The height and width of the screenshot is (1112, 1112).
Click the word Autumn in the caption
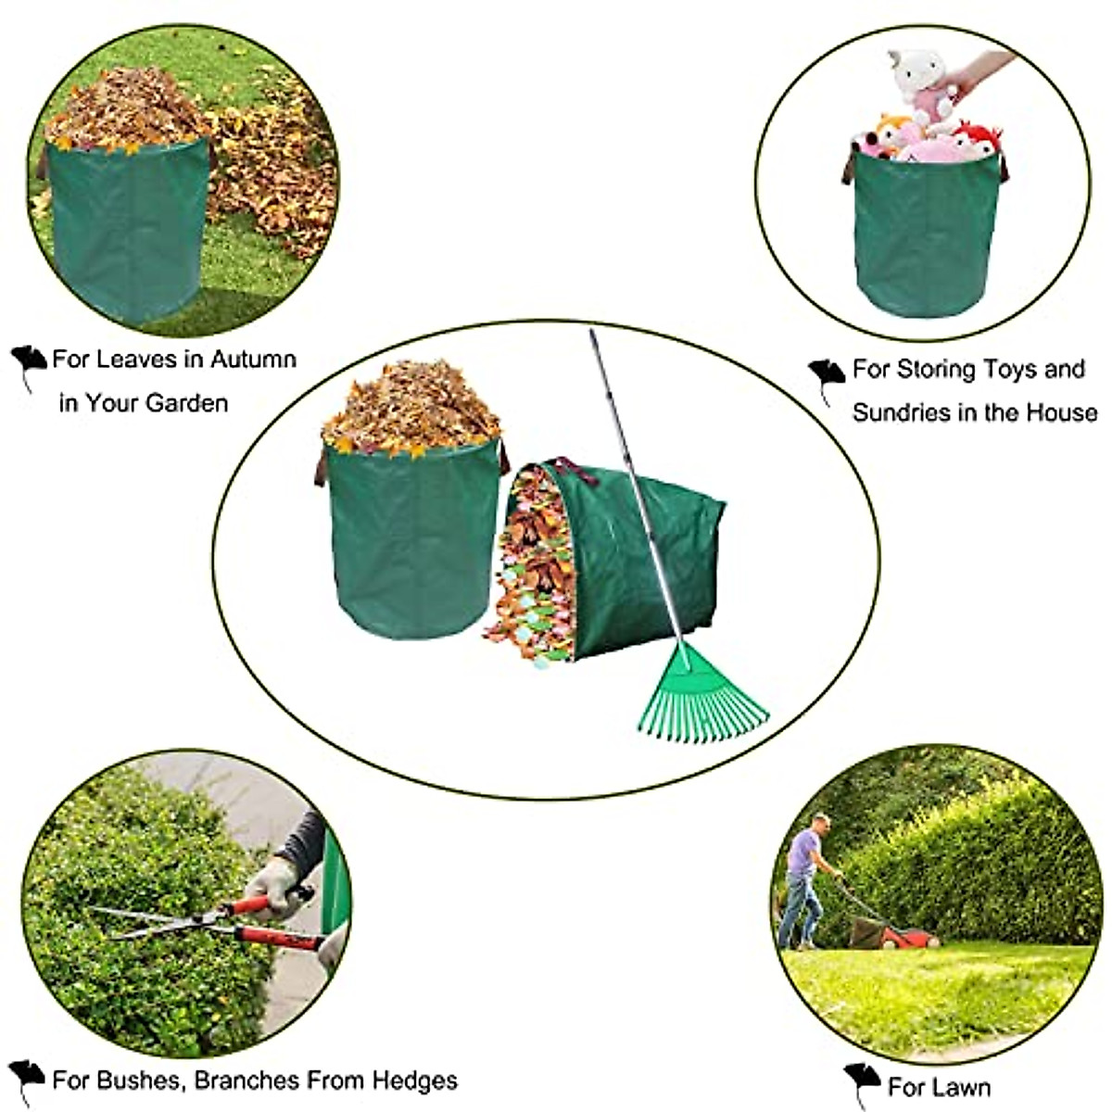(x=253, y=360)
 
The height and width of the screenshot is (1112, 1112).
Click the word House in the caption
(x=1059, y=412)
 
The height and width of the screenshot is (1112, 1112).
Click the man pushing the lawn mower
(x=802, y=880)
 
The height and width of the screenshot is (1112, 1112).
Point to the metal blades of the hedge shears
(x=158, y=922)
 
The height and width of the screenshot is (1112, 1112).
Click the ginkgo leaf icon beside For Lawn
(x=862, y=1080)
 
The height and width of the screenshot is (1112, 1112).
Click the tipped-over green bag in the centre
(x=630, y=556)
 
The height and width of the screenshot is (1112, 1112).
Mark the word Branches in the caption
(x=246, y=1080)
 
